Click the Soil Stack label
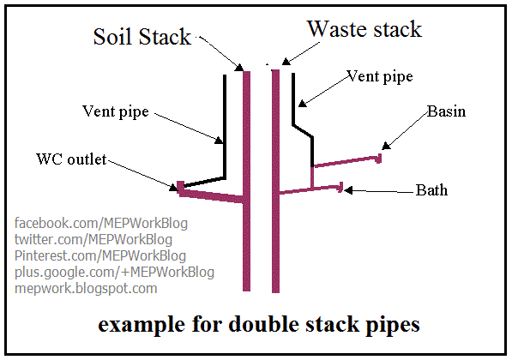(x=142, y=36)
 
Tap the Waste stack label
(x=364, y=29)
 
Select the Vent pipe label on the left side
(x=116, y=111)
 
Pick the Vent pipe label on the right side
(x=380, y=76)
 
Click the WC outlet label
(x=71, y=159)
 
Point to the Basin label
(x=446, y=111)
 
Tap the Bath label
(x=431, y=190)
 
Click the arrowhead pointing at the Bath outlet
(x=348, y=190)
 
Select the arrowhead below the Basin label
(x=386, y=146)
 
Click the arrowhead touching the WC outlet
(x=173, y=187)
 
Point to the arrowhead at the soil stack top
(x=239, y=67)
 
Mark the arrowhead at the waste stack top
(x=286, y=61)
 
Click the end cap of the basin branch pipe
(x=379, y=159)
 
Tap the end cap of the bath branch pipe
(x=341, y=188)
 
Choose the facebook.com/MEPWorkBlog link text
(x=101, y=224)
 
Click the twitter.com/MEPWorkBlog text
(x=93, y=239)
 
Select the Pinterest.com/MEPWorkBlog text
(x=100, y=256)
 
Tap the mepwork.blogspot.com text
(x=86, y=289)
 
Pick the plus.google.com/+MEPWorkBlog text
(x=114, y=273)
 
